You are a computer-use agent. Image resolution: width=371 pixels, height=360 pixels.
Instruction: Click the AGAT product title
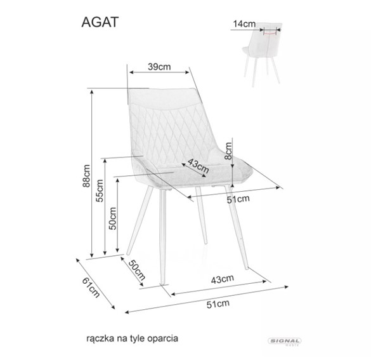point(100,22)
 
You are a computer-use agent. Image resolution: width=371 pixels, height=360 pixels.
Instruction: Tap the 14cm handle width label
point(244,24)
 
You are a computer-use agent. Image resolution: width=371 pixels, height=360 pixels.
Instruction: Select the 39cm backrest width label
point(159,67)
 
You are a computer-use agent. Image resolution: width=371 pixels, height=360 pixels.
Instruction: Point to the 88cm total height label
point(86,176)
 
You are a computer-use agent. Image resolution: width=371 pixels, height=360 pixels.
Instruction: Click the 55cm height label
point(100,190)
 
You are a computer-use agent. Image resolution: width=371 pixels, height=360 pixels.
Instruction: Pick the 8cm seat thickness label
point(228,151)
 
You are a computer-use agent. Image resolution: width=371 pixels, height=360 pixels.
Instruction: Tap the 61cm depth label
point(91,287)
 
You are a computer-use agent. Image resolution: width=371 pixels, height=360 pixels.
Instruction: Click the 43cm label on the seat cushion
point(199,166)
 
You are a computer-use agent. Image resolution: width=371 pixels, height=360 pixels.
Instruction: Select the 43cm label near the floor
point(223,279)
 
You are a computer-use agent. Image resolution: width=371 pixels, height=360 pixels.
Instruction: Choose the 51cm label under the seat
point(238,199)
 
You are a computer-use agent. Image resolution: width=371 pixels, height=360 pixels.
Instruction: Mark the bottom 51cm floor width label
point(218,304)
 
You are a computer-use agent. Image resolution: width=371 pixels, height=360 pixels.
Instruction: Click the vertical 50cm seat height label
point(113,218)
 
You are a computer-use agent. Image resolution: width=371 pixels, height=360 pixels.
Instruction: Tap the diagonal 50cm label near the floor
point(137,270)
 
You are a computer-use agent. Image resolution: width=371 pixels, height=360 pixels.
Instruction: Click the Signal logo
point(284,341)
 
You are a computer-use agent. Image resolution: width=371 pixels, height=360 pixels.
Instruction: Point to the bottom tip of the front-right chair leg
point(247,269)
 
